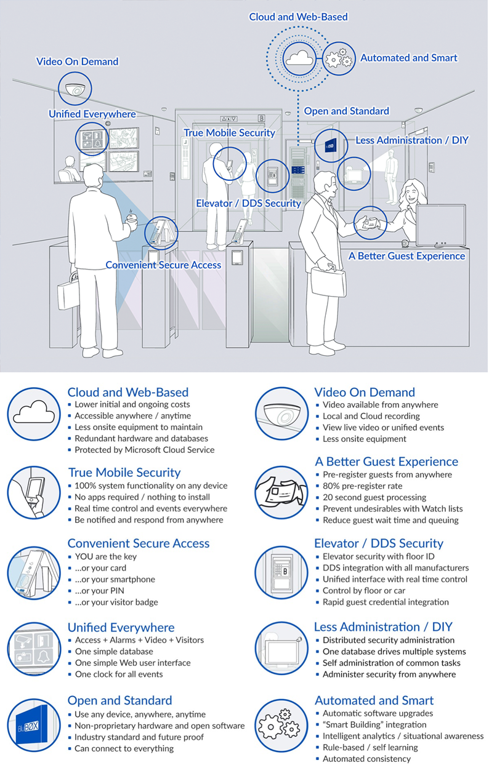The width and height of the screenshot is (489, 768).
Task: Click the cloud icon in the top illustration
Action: click(299, 59)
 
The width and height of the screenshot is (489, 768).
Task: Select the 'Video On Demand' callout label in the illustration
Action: click(77, 62)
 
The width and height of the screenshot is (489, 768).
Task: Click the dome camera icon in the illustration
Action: click(75, 87)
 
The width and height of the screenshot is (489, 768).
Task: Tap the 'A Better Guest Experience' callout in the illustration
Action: click(407, 255)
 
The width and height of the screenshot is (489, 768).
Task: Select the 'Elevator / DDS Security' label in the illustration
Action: click(248, 203)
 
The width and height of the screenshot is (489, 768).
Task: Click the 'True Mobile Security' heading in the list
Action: click(124, 473)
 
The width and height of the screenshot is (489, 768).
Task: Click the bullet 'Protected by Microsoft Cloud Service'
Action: click(144, 450)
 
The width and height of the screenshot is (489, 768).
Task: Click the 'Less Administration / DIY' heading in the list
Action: click(383, 627)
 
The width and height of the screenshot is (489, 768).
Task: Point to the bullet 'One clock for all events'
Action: click(118, 674)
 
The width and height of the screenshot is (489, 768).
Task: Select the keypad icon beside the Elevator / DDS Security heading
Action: click(281, 569)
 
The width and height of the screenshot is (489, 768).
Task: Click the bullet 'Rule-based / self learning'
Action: click(370, 748)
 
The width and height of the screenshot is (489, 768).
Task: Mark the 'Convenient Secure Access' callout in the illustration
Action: click(163, 265)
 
